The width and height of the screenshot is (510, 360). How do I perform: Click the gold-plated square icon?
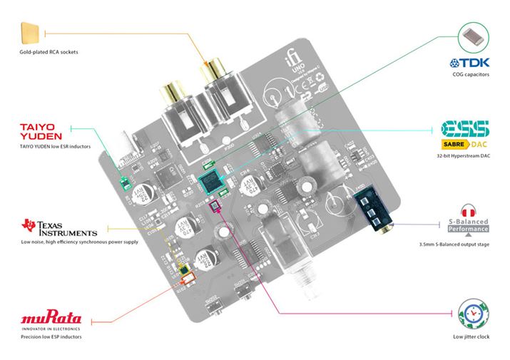point(32,34)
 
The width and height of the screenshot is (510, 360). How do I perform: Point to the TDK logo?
point(469,63)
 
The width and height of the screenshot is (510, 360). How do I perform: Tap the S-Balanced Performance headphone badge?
point(469,219)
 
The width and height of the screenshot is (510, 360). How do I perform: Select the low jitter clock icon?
point(471,314)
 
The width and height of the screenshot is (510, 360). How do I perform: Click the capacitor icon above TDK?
point(471,34)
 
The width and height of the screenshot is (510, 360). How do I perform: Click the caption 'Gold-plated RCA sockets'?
point(49,53)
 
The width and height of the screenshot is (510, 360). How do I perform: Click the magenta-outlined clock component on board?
point(211,207)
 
